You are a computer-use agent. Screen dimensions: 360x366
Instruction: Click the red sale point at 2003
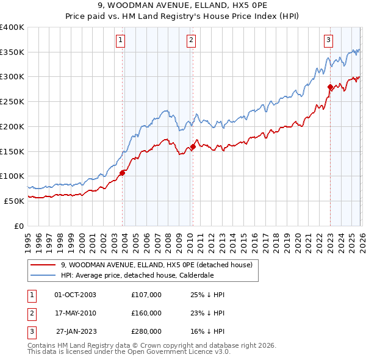click(122, 173)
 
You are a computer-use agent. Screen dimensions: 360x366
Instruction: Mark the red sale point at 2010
click(193, 146)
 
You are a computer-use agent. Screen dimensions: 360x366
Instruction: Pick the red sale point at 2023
click(330, 87)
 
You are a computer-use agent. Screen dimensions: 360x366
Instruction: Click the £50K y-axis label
click(14, 201)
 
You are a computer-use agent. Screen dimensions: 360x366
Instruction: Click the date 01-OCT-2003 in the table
click(76, 295)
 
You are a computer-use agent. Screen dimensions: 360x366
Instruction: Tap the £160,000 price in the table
click(146, 313)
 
